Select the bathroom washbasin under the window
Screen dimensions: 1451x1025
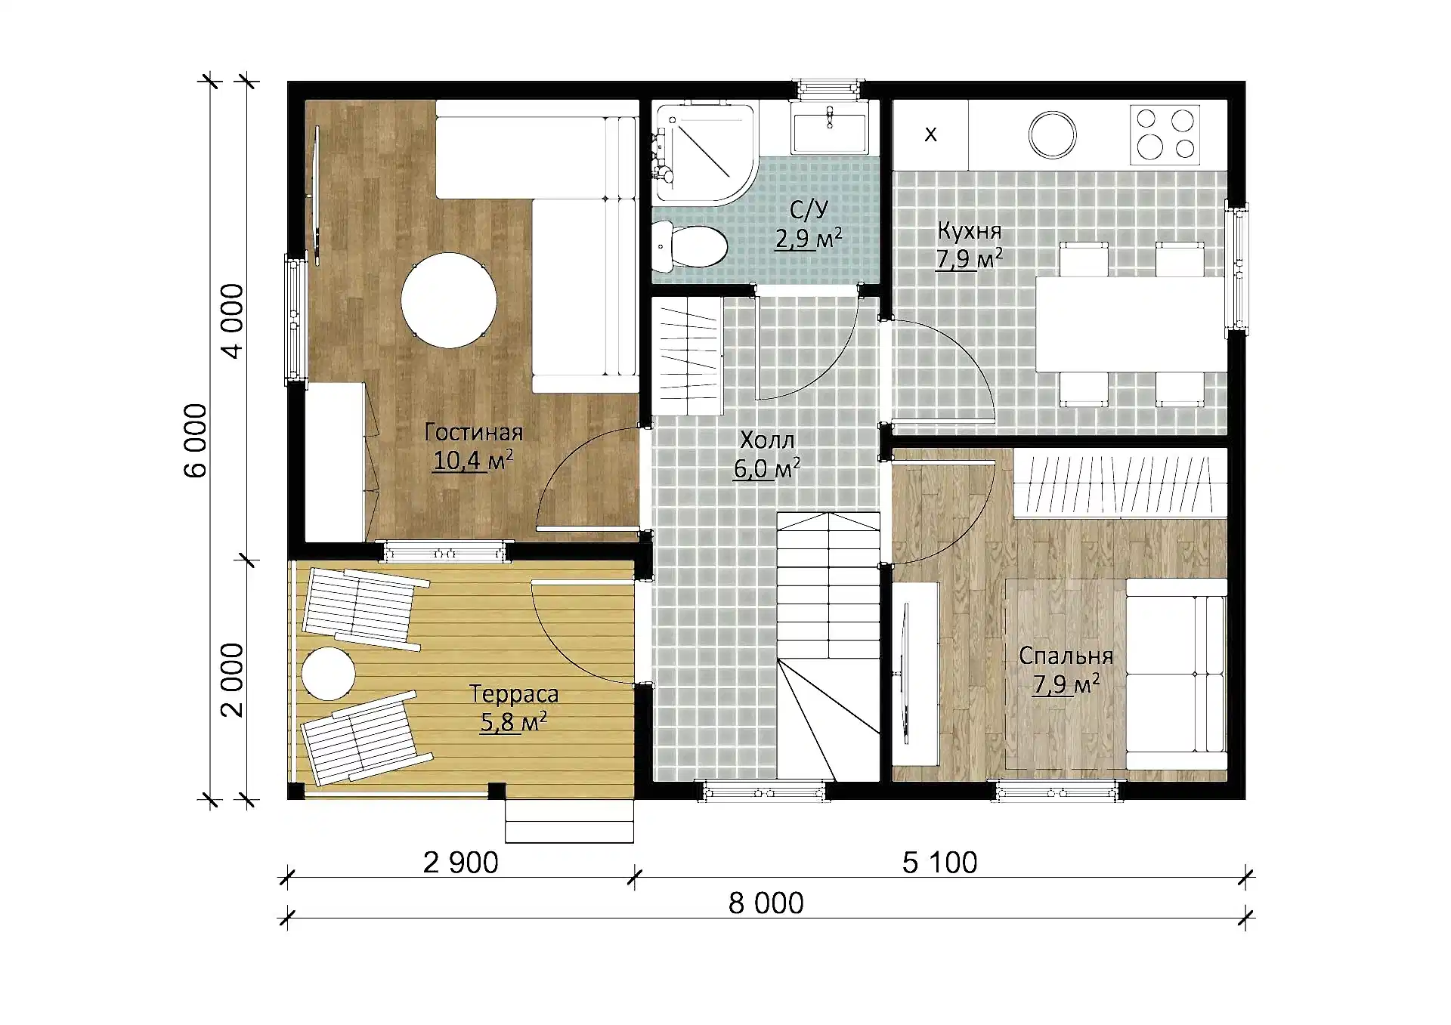829,128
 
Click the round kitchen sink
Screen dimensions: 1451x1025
1052,135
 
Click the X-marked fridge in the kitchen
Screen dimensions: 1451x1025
930,134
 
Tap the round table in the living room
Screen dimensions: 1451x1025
448,300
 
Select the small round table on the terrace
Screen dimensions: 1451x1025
328,673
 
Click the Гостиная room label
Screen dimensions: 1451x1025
474,432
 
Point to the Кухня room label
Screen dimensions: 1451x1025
970,230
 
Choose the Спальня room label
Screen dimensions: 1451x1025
1066,656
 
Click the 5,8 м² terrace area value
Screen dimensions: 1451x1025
513,722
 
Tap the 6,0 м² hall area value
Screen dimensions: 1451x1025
767,468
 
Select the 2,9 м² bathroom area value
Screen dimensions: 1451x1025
808,238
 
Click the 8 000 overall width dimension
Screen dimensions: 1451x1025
766,903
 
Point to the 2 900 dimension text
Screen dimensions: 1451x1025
460,863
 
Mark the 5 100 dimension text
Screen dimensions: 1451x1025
939,863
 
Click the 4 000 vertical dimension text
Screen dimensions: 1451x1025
232,321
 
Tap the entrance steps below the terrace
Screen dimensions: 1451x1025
569,821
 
